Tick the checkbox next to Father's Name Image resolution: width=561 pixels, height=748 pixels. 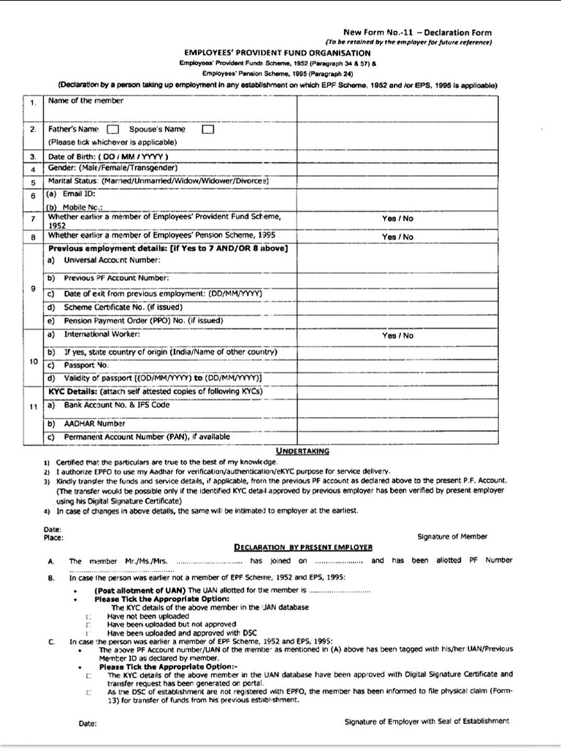click(113, 130)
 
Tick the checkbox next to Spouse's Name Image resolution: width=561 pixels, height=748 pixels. click(207, 130)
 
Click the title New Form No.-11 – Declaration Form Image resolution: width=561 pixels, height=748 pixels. click(417, 32)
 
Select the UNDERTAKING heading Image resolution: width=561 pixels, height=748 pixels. click(302, 451)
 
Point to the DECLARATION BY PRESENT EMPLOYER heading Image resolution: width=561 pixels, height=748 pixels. click(303, 546)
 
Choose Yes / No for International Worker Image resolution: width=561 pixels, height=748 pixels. click(397, 336)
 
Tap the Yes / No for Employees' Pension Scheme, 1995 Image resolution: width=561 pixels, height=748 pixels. click(397, 237)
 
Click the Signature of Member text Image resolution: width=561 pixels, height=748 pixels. click(452, 536)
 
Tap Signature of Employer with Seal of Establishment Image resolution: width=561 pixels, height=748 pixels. click(427, 721)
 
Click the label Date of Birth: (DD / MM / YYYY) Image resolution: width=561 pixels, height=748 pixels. click(108, 156)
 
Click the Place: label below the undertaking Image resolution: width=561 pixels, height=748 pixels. click(53, 537)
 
